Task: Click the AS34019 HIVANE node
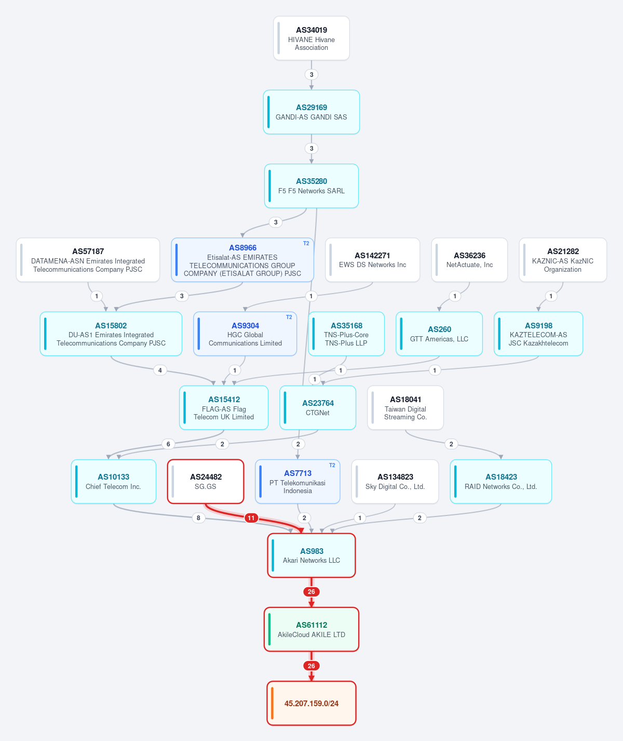click(311, 38)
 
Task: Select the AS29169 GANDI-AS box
click(311, 112)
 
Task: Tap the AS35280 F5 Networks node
click(311, 186)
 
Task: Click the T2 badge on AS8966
click(306, 244)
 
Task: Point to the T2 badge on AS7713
click(332, 465)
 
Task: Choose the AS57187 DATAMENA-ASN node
click(88, 260)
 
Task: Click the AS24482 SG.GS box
click(206, 482)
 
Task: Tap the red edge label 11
click(251, 518)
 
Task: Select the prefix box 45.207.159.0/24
click(311, 704)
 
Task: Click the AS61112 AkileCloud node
click(311, 630)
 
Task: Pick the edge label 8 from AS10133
click(198, 518)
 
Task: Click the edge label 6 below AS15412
click(168, 444)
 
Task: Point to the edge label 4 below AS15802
click(160, 370)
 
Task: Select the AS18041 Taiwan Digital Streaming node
click(405, 408)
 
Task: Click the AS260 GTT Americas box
click(439, 334)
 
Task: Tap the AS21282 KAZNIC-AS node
click(563, 260)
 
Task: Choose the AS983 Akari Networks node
click(311, 555)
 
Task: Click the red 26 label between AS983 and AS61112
click(311, 591)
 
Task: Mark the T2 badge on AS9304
click(289, 317)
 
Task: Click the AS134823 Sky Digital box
click(395, 482)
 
